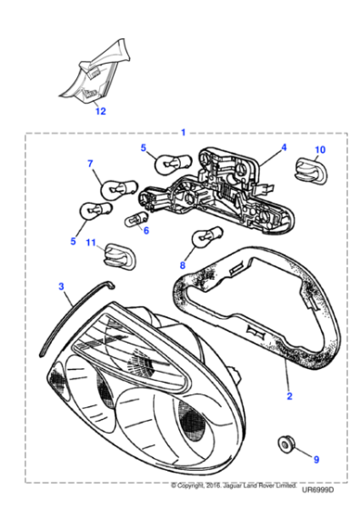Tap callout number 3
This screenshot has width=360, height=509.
(61, 286)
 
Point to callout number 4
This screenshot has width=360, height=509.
(283, 147)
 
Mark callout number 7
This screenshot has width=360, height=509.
(90, 164)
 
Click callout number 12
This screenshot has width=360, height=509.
(101, 112)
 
